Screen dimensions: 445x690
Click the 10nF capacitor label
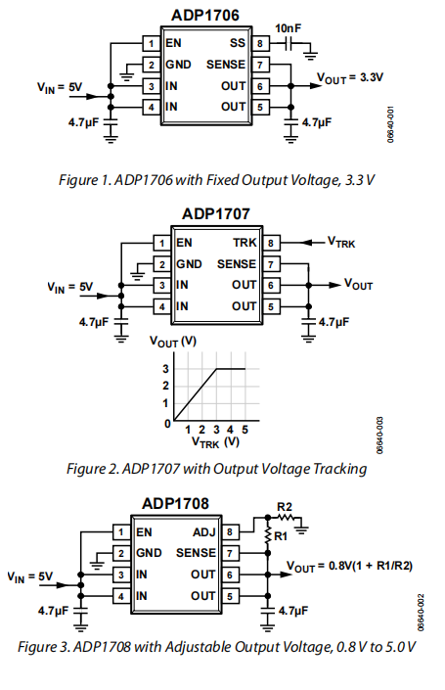point(288,28)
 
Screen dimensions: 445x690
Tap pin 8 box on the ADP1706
point(260,43)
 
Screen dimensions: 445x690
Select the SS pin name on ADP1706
point(237,43)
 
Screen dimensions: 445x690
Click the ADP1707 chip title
point(216,214)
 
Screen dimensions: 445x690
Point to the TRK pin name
point(245,243)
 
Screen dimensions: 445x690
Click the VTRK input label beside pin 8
point(341,243)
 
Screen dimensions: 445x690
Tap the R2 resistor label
point(285,507)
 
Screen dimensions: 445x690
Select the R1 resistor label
point(280,536)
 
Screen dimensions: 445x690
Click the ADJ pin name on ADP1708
point(204,532)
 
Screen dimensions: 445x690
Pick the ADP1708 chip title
point(175,503)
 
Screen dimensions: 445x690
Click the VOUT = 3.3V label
point(350,78)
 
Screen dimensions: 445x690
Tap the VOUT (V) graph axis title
point(173,342)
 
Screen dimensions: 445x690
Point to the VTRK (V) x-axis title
point(215,441)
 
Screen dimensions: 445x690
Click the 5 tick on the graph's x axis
point(245,430)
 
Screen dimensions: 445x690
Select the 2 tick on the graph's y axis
point(166,386)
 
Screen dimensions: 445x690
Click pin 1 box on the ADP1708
point(121,532)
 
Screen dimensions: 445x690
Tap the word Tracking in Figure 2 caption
point(339,469)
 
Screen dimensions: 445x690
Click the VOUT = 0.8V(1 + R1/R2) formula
point(349,567)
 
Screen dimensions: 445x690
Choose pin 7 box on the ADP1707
point(271,264)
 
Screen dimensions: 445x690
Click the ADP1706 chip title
point(205,15)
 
